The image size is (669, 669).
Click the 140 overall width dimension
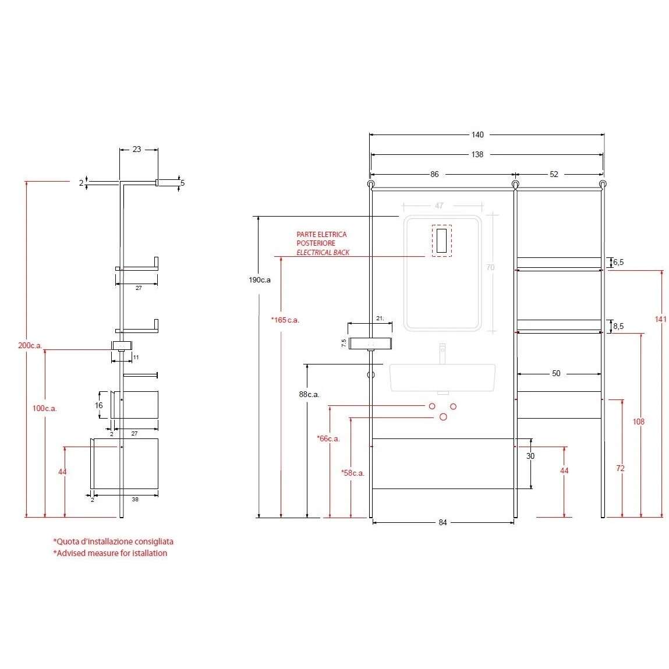point(477,135)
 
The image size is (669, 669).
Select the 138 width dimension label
point(477,154)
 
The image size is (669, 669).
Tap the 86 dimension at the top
point(434,174)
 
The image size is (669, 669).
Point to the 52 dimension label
point(554,174)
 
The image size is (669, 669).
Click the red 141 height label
point(660,319)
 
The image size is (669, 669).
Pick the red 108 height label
point(638,422)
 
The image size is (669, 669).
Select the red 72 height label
point(620,468)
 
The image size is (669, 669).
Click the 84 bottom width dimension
point(443,522)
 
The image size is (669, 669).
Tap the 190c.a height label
point(260,280)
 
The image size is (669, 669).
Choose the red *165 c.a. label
point(285,320)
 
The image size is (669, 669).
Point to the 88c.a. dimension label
point(309,395)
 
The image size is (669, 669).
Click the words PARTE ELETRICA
point(322,234)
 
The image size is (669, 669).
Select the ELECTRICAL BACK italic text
point(323,253)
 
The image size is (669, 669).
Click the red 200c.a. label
point(30,346)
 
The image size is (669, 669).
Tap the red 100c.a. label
point(44,408)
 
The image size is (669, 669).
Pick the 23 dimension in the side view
point(136,149)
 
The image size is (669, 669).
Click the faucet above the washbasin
point(443,353)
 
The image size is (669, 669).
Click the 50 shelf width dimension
point(556,373)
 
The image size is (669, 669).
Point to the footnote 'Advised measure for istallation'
point(110,553)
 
